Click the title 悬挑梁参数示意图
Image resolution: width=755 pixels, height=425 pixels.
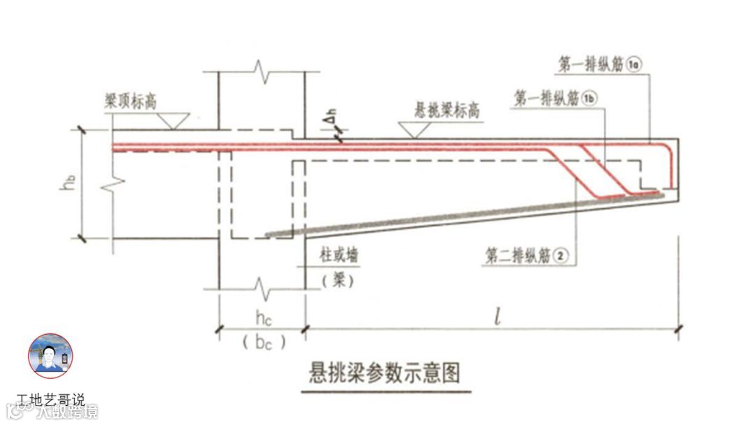coord(385,372)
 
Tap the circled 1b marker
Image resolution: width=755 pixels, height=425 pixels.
coord(591,99)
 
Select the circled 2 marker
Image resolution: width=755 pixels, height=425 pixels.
coord(559,257)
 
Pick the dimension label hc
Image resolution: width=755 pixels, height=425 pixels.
coord(263,319)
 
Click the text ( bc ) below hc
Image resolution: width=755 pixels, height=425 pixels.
coord(263,343)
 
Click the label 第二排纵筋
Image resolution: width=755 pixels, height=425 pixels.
coord(515,257)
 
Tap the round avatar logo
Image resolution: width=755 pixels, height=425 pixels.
coord(50,356)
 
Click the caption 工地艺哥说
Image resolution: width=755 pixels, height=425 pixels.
coord(50,401)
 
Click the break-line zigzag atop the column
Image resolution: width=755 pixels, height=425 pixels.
coord(261,71)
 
